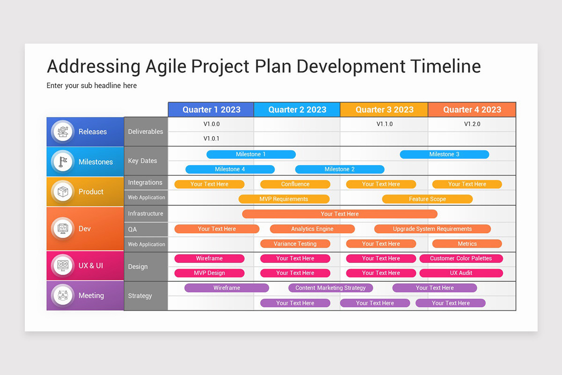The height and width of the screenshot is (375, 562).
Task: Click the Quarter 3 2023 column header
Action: tap(384, 110)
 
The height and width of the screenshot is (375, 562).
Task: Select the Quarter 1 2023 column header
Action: tap(211, 110)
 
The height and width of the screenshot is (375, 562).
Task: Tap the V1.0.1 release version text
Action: tap(211, 139)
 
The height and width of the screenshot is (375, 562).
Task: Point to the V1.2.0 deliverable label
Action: tap(472, 124)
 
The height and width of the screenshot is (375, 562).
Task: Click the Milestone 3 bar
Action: tap(444, 154)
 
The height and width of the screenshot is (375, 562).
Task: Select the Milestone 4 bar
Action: tap(230, 169)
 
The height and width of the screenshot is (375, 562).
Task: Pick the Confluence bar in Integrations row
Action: tap(295, 184)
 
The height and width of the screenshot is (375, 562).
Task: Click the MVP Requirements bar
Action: tap(284, 199)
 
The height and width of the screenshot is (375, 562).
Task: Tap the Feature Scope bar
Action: tap(427, 199)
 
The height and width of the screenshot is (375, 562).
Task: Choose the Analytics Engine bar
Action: tap(312, 229)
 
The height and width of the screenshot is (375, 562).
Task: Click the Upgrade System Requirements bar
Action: tap(432, 229)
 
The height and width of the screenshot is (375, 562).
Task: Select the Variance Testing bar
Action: tap(295, 244)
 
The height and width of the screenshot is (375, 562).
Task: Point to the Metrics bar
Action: tap(467, 244)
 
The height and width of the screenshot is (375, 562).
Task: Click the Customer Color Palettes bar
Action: tap(461, 258)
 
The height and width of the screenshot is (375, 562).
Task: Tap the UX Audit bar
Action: tap(461, 273)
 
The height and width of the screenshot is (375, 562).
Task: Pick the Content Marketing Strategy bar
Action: tap(331, 288)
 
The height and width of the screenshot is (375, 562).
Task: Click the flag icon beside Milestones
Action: tap(63, 162)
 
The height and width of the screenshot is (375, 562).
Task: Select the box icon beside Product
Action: tap(63, 192)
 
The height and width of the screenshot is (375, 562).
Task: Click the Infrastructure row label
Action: tap(146, 213)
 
